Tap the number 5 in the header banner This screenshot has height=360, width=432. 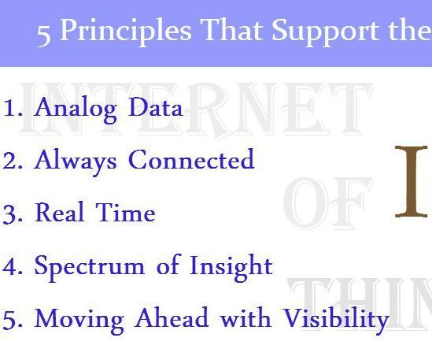(x=44, y=32)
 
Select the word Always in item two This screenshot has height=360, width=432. (x=76, y=161)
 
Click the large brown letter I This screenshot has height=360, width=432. (x=411, y=182)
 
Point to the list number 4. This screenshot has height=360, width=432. (x=12, y=266)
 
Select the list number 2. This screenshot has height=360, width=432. (x=12, y=161)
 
